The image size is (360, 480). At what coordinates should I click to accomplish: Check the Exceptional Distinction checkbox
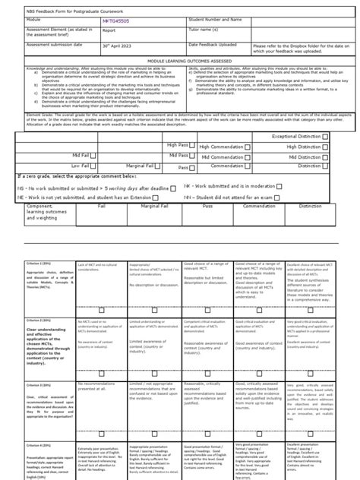point(325,136)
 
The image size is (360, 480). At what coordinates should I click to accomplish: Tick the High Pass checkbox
point(195,146)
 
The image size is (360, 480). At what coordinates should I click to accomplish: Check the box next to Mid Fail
point(95,155)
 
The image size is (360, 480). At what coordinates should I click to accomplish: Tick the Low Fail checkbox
point(95,165)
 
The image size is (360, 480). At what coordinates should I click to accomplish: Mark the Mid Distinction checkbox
point(325,155)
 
